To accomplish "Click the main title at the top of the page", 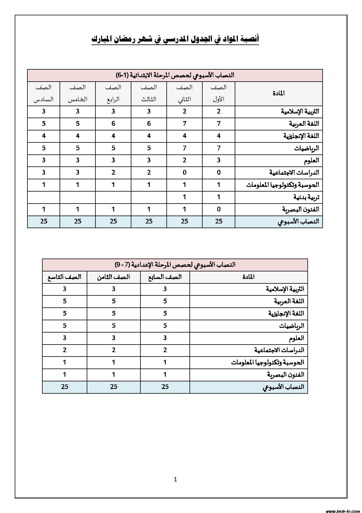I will coord(175,39).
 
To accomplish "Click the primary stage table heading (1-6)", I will coord(175,75).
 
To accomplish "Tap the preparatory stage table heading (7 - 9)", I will coord(175,265).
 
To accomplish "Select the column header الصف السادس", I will coord(43,93).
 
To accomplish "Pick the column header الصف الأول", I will coord(219,93).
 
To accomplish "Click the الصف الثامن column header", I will coord(114,277).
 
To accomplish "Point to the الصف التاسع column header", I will coord(65,277).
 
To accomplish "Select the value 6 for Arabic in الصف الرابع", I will coord(113,123).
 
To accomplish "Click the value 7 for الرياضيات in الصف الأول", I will coord(219,148).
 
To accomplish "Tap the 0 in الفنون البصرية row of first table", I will coord(219,209).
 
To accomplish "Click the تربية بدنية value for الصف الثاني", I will coord(185,197).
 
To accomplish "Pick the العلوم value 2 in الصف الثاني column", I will coord(185,160).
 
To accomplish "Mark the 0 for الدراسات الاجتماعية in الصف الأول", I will coord(219,173).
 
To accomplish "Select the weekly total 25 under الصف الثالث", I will coord(149,221).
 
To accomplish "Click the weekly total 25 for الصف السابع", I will coord(165,387).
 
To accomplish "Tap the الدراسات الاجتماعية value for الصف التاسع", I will coord(65,350).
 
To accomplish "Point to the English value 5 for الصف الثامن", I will coord(114,313).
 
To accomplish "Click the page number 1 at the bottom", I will coord(175,479).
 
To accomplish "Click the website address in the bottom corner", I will coord(342,511).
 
